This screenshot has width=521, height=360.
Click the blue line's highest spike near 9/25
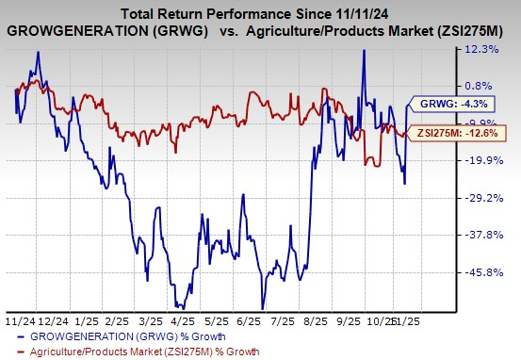364,51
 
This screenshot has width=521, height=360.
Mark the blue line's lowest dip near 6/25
260,307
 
